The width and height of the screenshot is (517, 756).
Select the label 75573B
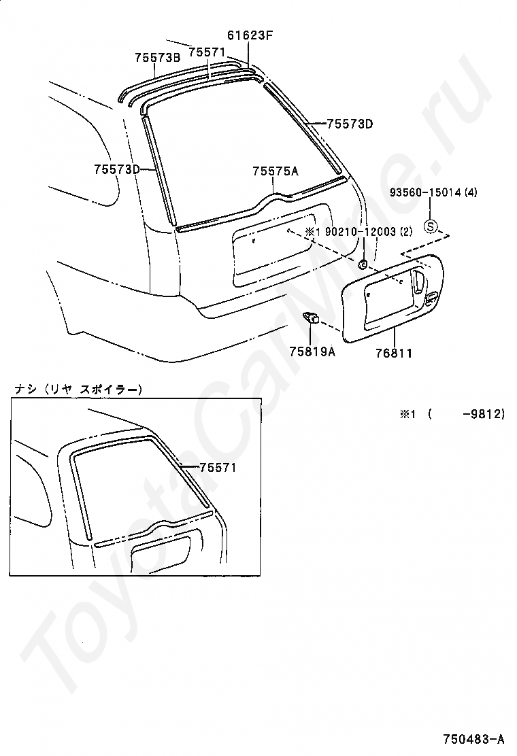point(157,58)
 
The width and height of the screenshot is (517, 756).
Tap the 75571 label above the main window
point(207,52)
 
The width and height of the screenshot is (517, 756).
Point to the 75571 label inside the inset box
point(218,468)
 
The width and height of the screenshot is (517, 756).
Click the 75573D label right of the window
point(350,124)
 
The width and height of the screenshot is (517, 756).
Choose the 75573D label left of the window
point(117,169)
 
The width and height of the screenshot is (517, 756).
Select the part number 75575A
point(276,171)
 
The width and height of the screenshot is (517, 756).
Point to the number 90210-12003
point(361,232)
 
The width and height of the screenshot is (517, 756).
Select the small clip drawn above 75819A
point(312,317)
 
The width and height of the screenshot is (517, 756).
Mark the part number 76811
point(394,353)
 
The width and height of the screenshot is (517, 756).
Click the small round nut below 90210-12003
point(363,264)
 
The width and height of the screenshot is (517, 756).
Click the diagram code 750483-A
point(473,738)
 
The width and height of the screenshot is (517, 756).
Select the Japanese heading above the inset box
point(79,390)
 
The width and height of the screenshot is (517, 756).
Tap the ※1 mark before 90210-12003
point(312,232)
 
